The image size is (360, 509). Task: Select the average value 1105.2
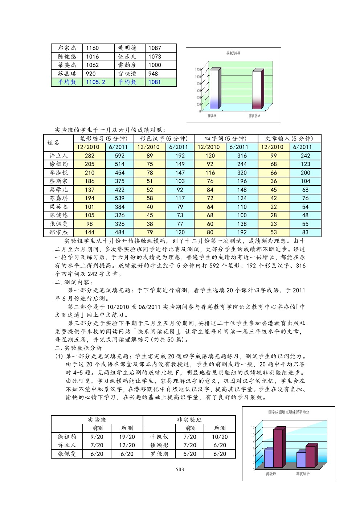tap(95, 82)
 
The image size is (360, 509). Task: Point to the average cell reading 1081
tap(155, 82)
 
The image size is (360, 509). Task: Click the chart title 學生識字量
tap(233, 53)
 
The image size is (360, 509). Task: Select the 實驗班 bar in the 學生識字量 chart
tap(214, 89)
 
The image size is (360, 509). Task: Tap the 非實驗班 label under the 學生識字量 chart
tap(254, 116)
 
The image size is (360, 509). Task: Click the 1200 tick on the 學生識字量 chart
tap(198, 70)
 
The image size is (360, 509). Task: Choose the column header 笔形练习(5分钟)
tap(104, 139)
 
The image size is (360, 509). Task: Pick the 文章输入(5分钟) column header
tap(289, 139)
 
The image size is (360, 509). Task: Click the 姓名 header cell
tap(53, 143)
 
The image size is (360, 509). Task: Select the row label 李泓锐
tap(59, 173)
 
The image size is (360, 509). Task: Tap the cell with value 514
tap(119, 164)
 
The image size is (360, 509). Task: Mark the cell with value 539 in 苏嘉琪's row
tap(119, 198)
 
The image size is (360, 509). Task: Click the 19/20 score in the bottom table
tap(127, 437)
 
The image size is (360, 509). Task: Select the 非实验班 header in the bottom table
tap(189, 420)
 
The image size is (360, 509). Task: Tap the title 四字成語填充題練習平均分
tap(289, 412)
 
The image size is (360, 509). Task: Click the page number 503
tap(180, 469)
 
